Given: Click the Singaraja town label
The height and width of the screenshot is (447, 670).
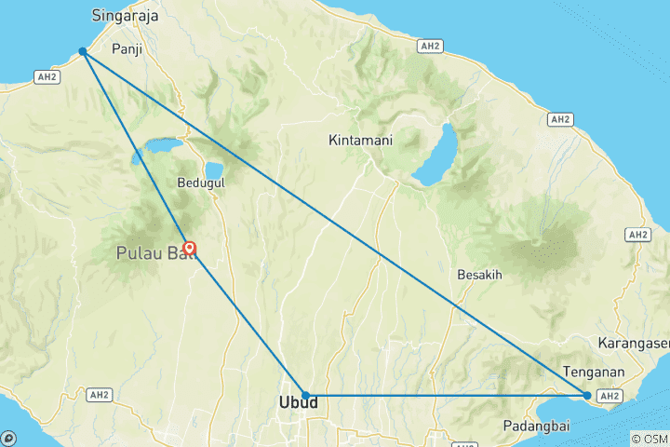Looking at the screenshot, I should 126,16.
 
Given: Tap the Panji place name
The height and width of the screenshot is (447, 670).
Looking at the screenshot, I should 127,48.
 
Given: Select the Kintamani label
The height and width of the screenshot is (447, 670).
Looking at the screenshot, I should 360,141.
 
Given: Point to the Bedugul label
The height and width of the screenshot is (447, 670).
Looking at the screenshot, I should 200,183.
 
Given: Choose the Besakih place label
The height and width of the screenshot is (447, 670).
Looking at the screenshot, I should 480,276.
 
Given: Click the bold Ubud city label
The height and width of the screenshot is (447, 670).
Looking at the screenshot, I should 298,403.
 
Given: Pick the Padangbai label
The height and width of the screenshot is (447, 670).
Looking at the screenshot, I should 535,426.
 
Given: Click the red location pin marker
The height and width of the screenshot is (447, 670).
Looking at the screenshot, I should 190,249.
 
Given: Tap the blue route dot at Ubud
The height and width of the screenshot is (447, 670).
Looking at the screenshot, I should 305,396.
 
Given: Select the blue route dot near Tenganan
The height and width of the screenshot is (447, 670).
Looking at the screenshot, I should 587,396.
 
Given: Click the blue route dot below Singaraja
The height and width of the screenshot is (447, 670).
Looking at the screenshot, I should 83,51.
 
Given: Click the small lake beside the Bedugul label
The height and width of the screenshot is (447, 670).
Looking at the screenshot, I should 214,169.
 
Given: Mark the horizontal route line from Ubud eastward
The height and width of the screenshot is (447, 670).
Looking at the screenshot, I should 447,396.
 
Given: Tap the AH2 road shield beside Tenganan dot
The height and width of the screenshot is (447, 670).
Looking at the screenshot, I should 610,396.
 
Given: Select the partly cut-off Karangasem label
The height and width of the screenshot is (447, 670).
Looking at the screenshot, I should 635,341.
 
